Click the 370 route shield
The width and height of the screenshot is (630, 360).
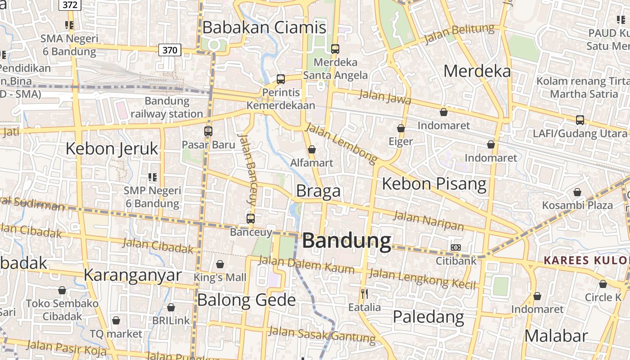[x=170, y=50]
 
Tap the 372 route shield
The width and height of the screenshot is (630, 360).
[x=69, y=5]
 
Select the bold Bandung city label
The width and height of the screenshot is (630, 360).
[x=346, y=241]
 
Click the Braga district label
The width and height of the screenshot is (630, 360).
[x=318, y=191]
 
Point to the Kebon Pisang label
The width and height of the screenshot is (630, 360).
[x=434, y=184]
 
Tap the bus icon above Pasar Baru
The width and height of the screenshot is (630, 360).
[x=208, y=131]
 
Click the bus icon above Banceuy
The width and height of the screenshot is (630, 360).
[x=251, y=219]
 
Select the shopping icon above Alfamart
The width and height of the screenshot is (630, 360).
[x=312, y=149]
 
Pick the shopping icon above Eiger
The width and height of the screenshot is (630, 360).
[x=401, y=128]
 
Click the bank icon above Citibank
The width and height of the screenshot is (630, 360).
[x=456, y=247]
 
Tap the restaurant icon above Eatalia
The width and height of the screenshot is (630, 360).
[x=364, y=294]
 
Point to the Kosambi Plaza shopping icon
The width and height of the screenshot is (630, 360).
[x=577, y=192]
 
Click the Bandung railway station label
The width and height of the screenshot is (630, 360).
[x=167, y=107]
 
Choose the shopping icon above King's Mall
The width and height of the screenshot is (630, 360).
[x=220, y=264]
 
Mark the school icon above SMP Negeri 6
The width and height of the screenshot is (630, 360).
[x=153, y=177]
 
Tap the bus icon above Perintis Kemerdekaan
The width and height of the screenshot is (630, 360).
[x=281, y=79]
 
